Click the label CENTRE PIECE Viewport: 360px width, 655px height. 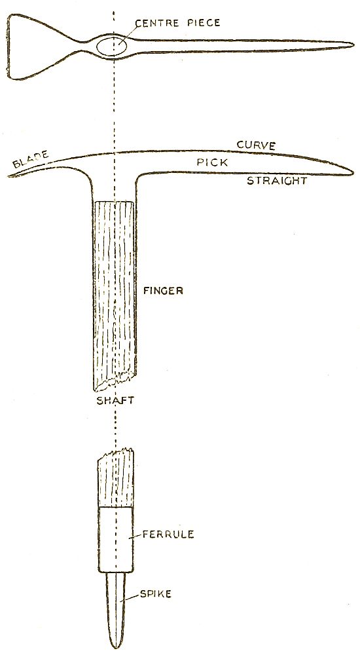[x=177, y=22]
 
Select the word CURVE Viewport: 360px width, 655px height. [x=256, y=145]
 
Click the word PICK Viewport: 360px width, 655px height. [x=213, y=162]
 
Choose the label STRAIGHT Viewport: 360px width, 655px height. [x=277, y=181]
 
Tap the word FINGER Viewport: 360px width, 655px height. [x=163, y=290]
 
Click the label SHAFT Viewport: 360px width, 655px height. [x=115, y=400]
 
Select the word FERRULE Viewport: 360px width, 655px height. [x=168, y=534]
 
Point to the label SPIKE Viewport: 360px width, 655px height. [x=155, y=593]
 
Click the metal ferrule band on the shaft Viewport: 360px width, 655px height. [x=116, y=539]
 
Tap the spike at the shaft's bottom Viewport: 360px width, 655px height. [x=116, y=610]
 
